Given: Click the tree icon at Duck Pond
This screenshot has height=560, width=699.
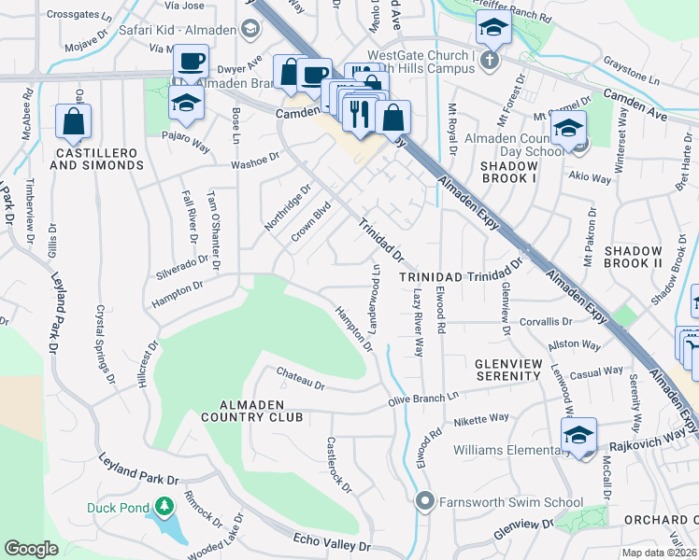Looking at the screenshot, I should tap(164, 507).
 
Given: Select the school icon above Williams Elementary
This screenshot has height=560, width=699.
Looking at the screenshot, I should tap(578, 436).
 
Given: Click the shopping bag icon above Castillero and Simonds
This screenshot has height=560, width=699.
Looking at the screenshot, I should tap(73, 121).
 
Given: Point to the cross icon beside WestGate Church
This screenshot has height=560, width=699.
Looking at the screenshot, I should tap(489, 62).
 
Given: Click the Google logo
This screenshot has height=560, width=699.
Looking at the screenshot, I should tap(31, 549).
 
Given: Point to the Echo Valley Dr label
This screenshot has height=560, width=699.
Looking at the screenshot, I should tap(332, 543).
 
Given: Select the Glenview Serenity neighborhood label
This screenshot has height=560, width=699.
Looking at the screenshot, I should tap(507, 369).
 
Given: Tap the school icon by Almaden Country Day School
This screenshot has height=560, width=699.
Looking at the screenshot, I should tap(567, 131).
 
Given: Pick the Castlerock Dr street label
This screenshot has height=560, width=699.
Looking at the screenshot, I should tap(338, 465).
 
